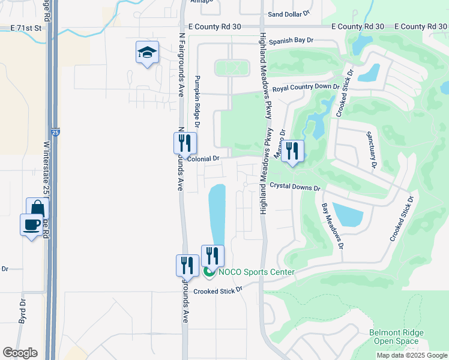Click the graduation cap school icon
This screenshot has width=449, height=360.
coord(147,53)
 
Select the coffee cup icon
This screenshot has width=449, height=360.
coord(31,225)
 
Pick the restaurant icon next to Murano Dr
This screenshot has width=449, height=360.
coord(292,151)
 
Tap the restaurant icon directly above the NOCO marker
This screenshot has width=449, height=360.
coord(212,256)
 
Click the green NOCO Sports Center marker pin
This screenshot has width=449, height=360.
coord(209,272)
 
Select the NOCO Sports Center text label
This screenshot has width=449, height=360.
coord(256,272)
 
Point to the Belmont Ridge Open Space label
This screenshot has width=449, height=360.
coord(397,337)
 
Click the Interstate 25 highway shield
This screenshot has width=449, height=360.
coord(55,131)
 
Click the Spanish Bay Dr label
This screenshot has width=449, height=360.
coord(291,41)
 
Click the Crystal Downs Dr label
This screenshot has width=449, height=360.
coord(294,187)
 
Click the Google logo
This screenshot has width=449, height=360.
coord(20,353)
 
